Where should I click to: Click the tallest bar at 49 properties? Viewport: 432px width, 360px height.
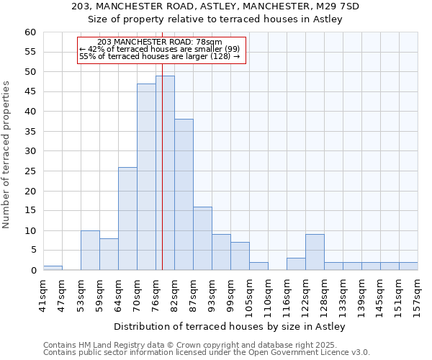165,173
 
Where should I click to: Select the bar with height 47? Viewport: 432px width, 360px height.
146,177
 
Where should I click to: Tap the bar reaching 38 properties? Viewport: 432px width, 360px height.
184,194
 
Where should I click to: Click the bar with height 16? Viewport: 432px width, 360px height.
202,238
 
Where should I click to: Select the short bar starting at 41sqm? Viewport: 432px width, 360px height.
53,268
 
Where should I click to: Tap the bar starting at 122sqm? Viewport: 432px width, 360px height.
315,252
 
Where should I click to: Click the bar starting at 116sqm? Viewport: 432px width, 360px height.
296,264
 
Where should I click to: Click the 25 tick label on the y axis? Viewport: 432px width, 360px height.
30,171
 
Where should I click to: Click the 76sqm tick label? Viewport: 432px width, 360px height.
156,296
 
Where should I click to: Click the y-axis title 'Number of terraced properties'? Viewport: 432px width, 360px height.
7,155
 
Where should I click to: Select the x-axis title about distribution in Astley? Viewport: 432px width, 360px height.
230,326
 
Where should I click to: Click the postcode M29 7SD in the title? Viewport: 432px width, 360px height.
338,6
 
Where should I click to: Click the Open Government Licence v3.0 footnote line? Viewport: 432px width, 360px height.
207,353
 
